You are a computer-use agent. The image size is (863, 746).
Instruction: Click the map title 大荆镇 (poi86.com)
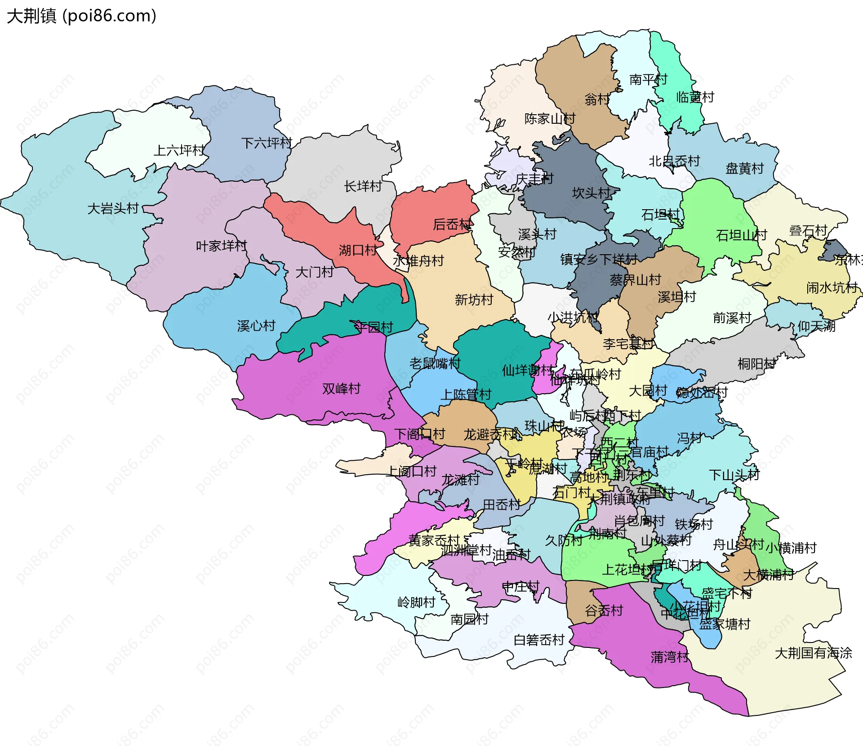click(81, 16)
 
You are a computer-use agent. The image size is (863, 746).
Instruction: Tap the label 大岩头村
click(113, 209)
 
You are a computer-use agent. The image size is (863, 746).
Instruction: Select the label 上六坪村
click(179, 150)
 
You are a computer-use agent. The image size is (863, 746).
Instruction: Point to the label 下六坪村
click(267, 143)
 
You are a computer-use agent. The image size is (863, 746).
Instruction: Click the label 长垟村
click(363, 186)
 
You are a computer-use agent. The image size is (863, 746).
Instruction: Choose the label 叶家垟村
click(221, 246)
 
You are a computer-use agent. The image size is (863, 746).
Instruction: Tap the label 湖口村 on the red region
click(358, 250)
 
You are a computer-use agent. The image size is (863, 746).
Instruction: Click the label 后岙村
click(452, 224)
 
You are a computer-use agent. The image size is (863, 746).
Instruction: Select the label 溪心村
click(256, 326)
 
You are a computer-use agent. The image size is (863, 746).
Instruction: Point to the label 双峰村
click(341, 388)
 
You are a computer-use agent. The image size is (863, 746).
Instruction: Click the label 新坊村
click(474, 300)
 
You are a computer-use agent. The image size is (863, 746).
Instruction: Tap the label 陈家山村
click(550, 119)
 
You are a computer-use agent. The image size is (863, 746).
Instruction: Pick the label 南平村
click(648, 80)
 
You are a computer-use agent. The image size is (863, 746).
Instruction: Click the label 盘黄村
click(744, 169)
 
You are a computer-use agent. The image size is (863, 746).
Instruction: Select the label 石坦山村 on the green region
click(741, 235)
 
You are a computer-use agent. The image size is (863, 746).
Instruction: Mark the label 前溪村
click(732, 318)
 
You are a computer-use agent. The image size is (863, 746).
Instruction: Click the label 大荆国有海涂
click(813, 653)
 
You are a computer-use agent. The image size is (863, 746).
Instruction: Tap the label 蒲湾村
click(669, 657)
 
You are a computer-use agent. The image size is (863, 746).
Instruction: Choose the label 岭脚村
click(416, 602)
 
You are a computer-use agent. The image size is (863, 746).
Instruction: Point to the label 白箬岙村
click(538, 640)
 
